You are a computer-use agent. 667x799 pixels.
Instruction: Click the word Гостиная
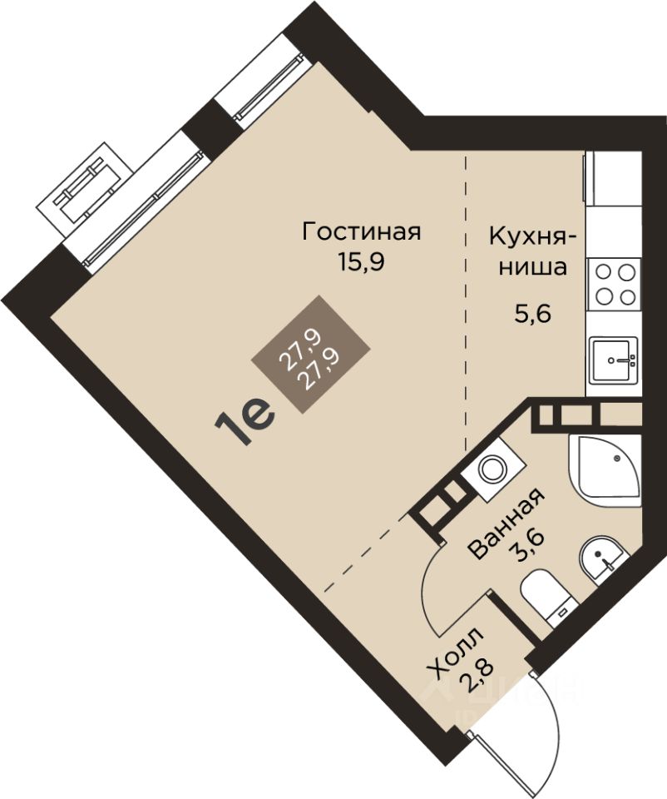[362, 232]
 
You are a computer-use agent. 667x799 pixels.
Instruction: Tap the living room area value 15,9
[360, 262]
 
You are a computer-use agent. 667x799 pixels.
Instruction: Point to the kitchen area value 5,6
[532, 315]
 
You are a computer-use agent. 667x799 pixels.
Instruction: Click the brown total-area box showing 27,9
[310, 355]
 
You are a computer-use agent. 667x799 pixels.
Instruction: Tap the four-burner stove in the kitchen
[614, 285]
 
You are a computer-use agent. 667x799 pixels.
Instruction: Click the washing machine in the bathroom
[494, 468]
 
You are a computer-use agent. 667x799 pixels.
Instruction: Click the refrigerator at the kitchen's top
[612, 178]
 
